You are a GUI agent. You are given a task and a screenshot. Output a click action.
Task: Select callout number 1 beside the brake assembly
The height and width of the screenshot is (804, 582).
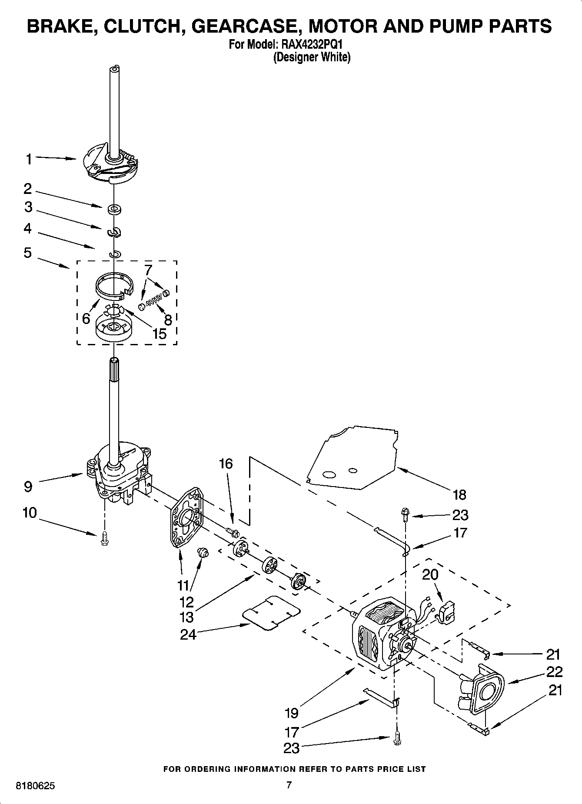pos(28,159)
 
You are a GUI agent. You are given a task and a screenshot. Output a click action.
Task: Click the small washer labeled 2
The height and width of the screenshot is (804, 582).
pos(115,210)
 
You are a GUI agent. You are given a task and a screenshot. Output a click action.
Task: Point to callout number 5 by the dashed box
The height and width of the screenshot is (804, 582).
pos(28,252)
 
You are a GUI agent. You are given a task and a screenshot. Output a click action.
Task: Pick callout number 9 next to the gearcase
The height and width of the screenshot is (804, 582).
pos(28,486)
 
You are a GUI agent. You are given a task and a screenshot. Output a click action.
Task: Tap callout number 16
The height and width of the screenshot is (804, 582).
pos(226,464)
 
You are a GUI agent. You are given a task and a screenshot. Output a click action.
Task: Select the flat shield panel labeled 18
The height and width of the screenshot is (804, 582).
pos(352,457)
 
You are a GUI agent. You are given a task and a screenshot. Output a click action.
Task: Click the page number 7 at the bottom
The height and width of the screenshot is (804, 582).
pos(288,785)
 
